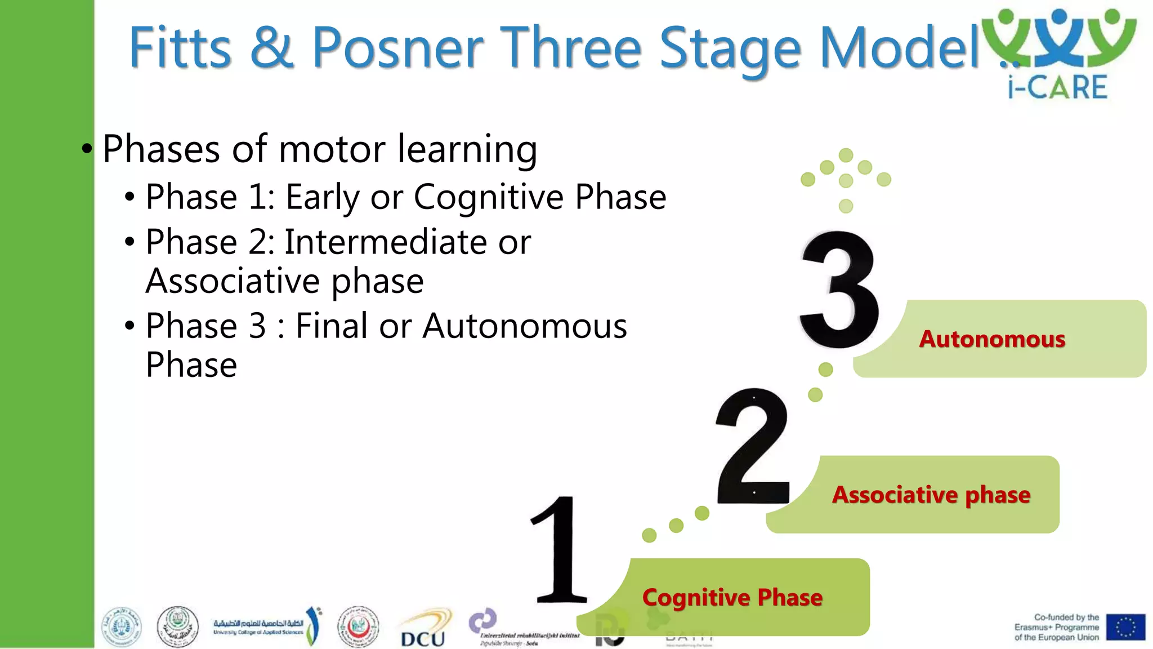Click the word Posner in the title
[x=397, y=48]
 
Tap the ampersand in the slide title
[x=271, y=48]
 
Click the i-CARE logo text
[x=1057, y=88]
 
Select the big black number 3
[x=839, y=290]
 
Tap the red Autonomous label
[x=992, y=339]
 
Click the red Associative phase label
[x=931, y=495]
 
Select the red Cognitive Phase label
[x=732, y=597]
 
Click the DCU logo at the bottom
[x=423, y=631]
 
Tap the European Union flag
[x=1125, y=627]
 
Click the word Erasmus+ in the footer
[x=1034, y=628]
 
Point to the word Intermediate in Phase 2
[x=386, y=242]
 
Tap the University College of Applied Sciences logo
[x=265, y=626]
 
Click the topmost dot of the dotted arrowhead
[x=846, y=155]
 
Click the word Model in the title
[x=899, y=48]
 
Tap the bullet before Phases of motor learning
[x=87, y=149]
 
